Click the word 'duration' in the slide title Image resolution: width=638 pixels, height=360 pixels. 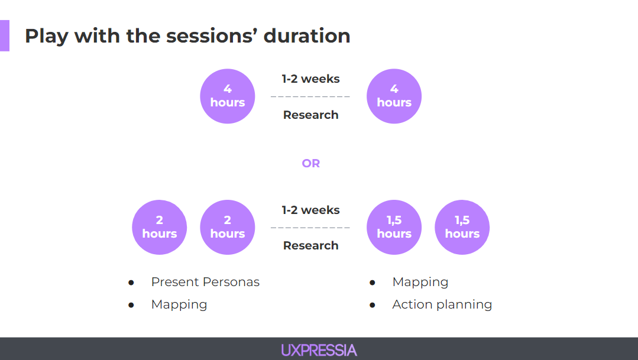pos(307,36)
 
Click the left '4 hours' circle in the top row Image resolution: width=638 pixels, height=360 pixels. pos(228,96)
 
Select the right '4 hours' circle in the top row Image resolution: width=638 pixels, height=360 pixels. pos(394,96)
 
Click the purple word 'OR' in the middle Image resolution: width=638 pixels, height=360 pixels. pos(310,164)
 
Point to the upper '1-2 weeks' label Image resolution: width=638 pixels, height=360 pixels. pos(310,79)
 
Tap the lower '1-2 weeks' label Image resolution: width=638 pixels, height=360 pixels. pos(310,210)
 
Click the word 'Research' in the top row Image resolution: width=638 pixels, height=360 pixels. pos(310,115)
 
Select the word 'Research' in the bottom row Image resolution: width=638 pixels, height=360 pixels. pos(310,245)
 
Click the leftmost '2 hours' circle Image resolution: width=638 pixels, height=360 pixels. pos(159,227)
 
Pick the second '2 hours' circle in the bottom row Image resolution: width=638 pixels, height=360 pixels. pos(228,227)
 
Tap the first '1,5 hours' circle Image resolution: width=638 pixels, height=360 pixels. pos(394,227)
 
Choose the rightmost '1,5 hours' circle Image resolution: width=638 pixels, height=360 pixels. pos(462,227)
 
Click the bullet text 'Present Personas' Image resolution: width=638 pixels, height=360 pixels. pos(205,282)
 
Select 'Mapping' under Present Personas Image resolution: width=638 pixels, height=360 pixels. pos(179,304)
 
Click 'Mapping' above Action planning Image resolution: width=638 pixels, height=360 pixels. pos(420,282)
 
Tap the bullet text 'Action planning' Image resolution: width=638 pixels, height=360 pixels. pos(442,304)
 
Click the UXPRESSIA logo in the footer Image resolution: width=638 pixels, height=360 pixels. pos(319,350)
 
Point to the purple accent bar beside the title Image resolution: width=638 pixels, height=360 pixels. pos(5,35)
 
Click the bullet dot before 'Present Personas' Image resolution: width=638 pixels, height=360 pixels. pos(131,283)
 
